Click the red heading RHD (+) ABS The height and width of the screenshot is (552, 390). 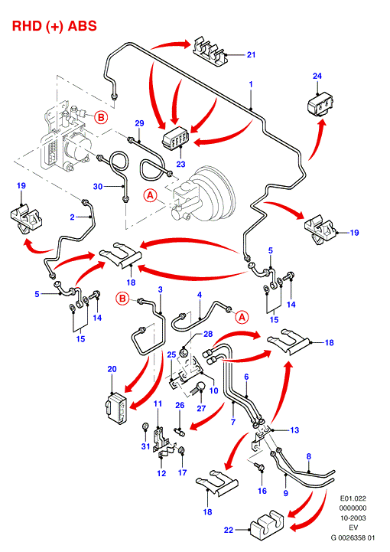coord(54,26)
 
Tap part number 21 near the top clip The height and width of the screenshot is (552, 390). coord(251,54)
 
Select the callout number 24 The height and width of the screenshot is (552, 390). coord(317,76)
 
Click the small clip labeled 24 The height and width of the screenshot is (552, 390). coord(320,104)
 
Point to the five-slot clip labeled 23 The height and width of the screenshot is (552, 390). coord(175,139)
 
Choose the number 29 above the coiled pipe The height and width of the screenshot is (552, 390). coord(140,123)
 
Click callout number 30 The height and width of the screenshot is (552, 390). coord(98,186)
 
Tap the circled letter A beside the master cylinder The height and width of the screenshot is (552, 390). coord(151,195)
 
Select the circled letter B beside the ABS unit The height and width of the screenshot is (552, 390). coord(101,117)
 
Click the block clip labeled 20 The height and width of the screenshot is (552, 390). coord(116,407)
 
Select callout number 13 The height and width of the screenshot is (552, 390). coord(294,430)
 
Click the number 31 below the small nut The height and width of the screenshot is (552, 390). coord(145,446)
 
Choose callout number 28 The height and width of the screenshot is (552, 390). coord(208,334)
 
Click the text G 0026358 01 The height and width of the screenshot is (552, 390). coord(353,537)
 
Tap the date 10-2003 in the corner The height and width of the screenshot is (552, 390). coord(353,518)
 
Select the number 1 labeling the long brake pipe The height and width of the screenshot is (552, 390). coord(251,84)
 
